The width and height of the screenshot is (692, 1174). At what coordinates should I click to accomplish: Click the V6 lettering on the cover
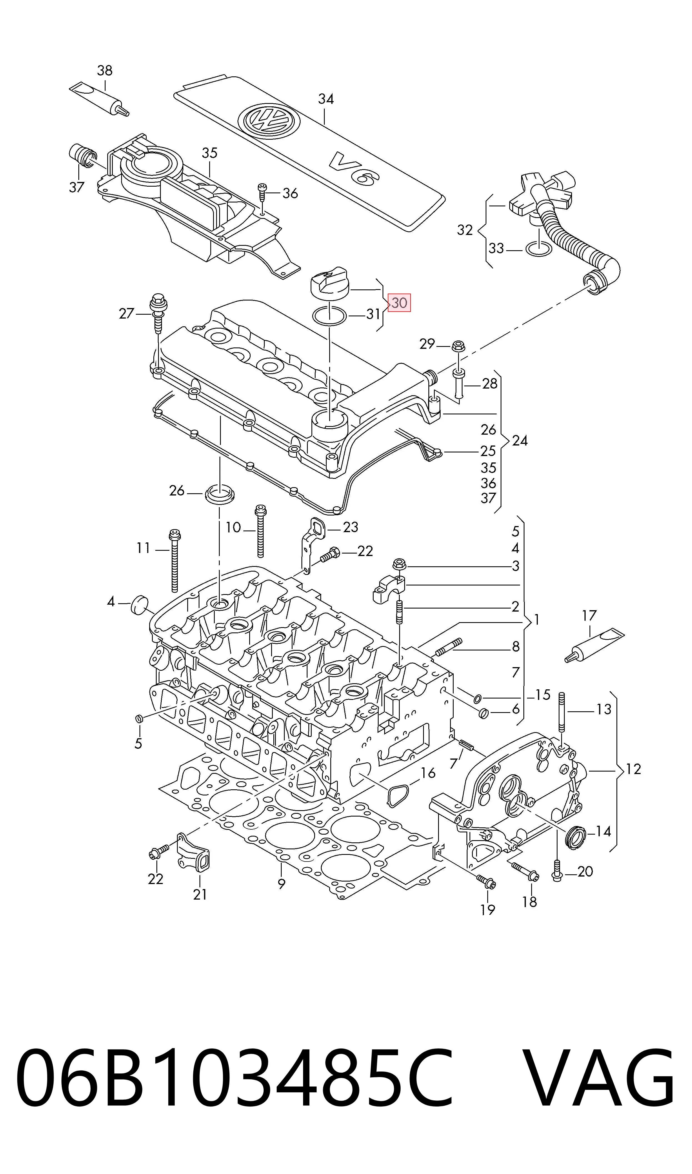click(354, 168)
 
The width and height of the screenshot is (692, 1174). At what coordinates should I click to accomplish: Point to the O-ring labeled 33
click(539, 249)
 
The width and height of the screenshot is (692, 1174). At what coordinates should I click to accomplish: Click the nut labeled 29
click(458, 346)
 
